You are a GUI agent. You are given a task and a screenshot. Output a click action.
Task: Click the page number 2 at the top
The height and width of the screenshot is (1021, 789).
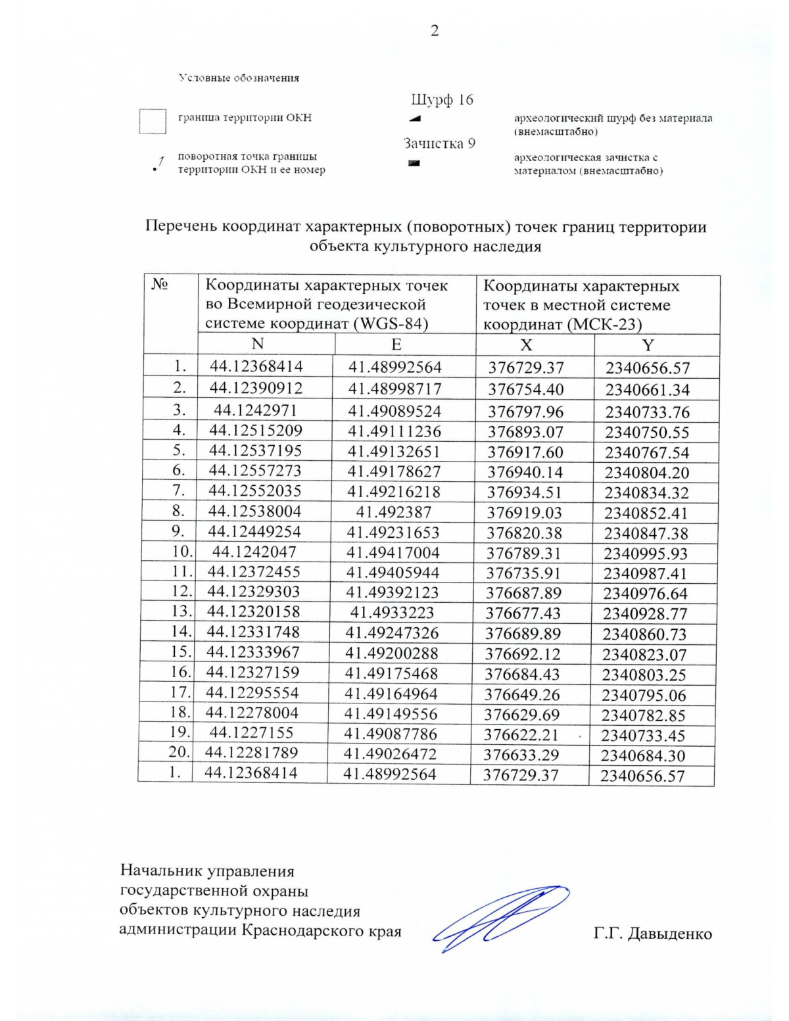[x=434, y=31]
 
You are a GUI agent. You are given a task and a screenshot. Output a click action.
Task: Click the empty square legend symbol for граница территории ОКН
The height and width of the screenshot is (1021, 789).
[x=152, y=121]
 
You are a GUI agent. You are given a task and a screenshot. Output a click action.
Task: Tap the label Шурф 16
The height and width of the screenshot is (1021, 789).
[x=442, y=100]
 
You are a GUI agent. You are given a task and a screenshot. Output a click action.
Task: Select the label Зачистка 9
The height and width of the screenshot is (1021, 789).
[x=439, y=143]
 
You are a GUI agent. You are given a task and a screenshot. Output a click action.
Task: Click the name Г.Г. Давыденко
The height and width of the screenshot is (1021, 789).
[x=652, y=934]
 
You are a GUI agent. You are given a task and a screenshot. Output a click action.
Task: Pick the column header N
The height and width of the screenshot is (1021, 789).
[x=257, y=344]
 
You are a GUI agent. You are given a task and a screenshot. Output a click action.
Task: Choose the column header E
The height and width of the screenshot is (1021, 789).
[x=396, y=344]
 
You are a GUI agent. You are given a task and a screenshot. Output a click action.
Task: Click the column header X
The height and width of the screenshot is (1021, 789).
[x=526, y=345]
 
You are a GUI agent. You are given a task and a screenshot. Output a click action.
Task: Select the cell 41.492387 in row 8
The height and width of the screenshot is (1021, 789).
[x=393, y=511]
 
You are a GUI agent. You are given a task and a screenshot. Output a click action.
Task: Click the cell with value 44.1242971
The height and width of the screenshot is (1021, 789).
[x=255, y=411]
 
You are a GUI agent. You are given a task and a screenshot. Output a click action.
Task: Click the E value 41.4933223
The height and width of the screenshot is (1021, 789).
[x=392, y=613]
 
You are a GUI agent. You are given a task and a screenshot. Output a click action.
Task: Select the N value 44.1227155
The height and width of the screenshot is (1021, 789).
[x=251, y=732]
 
